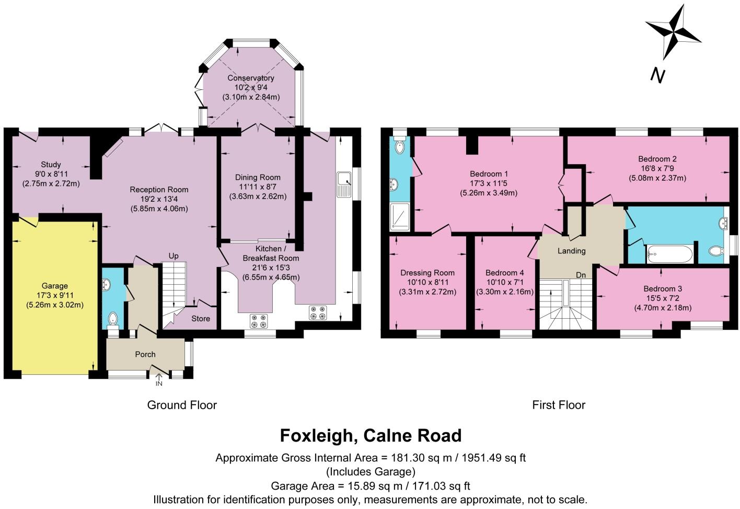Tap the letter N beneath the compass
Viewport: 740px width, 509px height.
click(657, 76)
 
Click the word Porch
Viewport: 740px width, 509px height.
click(145, 354)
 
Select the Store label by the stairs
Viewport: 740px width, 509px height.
click(201, 318)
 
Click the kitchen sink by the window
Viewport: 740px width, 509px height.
click(345, 186)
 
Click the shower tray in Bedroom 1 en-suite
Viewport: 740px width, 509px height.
click(401, 217)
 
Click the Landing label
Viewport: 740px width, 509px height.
click(571, 251)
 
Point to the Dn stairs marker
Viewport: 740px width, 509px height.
click(581, 275)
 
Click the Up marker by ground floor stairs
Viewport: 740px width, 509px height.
click(174, 256)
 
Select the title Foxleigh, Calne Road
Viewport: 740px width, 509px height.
click(371, 435)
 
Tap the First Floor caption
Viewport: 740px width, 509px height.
click(559, 405)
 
